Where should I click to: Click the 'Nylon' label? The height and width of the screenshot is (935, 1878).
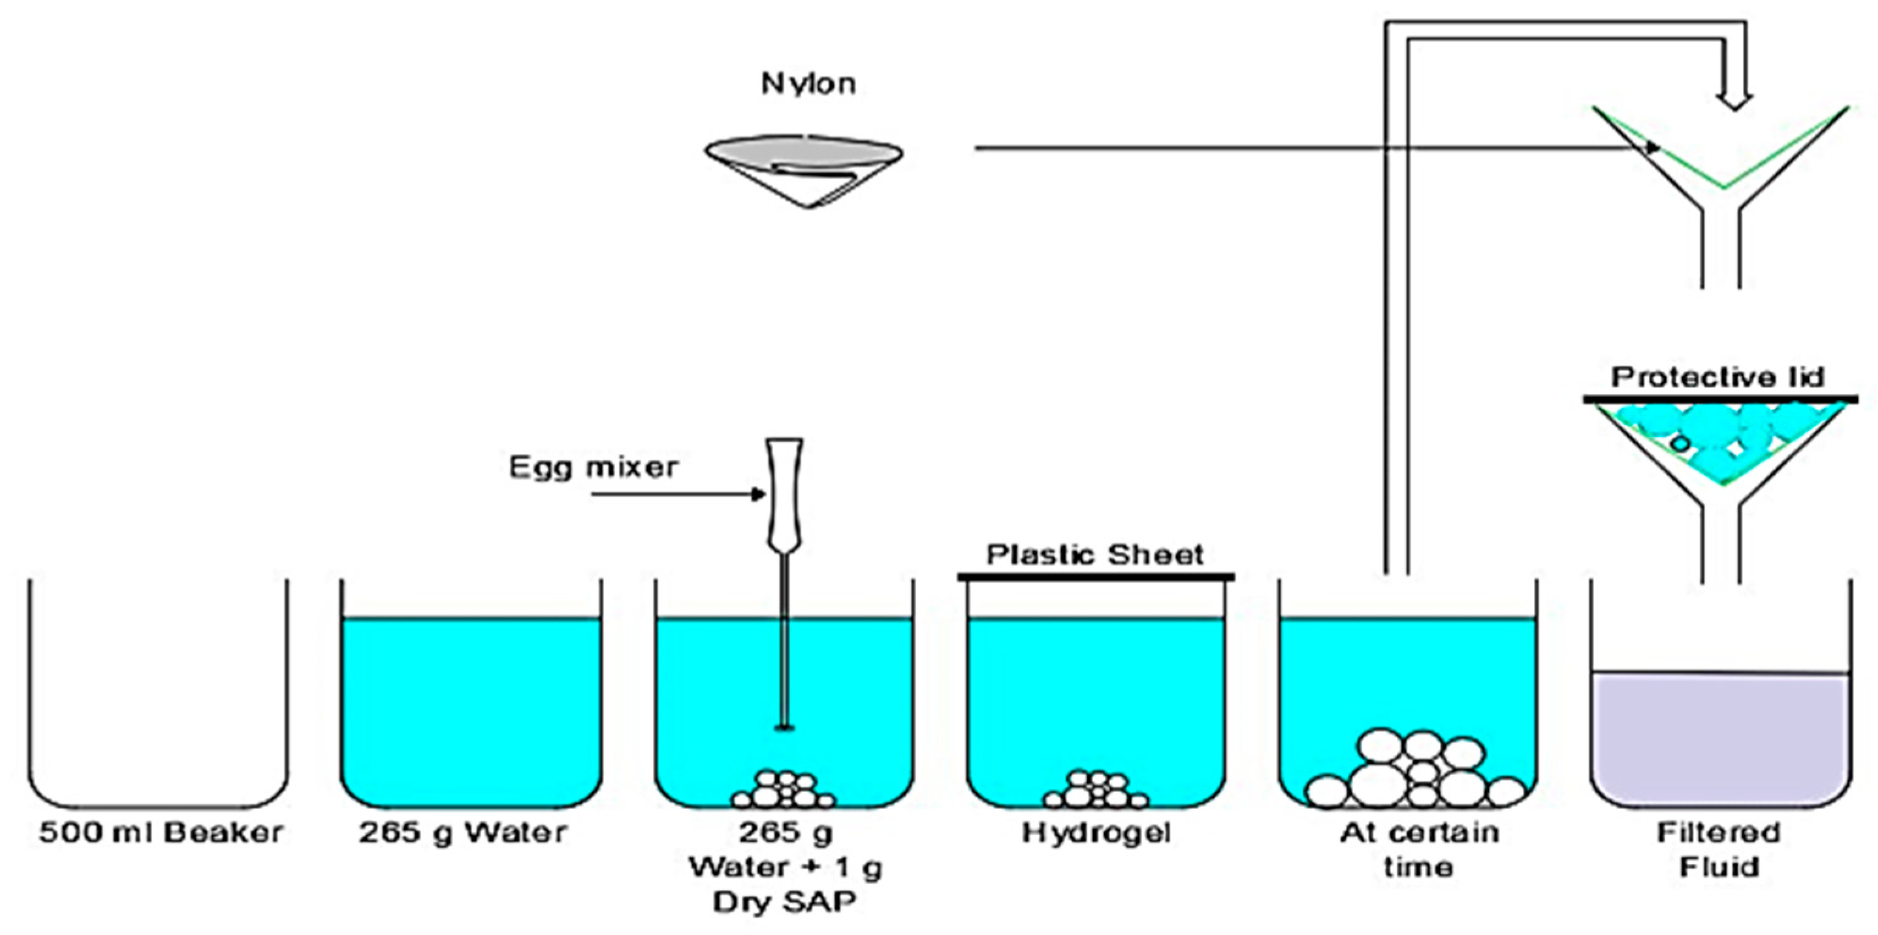[x=808, y=84]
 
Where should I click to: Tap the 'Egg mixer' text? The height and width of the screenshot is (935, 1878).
[x=593, y=467]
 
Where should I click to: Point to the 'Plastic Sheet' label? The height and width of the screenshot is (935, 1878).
[x=1095, y=555]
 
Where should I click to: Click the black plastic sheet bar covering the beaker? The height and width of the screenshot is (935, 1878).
[x=1095, y=577]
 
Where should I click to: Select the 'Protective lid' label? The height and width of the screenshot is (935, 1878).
[x=1717, y=377]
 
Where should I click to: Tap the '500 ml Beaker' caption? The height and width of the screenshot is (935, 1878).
[x=161, y=832]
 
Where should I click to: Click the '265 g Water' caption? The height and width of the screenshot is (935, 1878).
[x=462, y=832]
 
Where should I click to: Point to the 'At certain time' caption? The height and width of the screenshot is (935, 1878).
[x=1419, y=849]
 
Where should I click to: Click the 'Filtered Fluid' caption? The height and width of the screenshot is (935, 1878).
[x=1719, y=849]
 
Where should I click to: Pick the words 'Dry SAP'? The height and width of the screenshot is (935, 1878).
[x=784, y=902]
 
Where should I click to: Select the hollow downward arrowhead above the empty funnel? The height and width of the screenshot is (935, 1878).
[x=1734, y=101]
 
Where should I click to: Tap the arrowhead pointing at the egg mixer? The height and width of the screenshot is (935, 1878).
[x=759, y=494]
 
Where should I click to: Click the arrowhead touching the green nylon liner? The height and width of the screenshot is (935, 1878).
[x=1651, y=148]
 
